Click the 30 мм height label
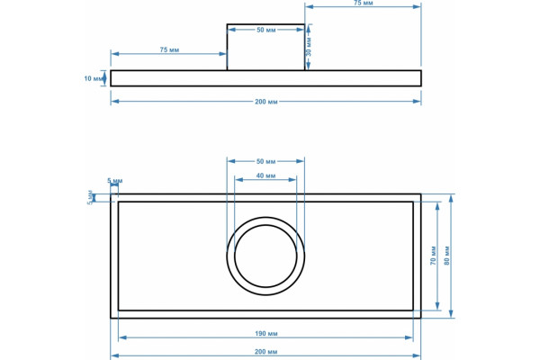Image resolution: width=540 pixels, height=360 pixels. coord(309,47)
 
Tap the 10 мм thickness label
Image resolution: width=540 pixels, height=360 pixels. coord(93,78)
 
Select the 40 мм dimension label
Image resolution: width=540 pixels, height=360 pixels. coord(265,175)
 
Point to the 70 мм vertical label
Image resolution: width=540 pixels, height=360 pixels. coord(433,256)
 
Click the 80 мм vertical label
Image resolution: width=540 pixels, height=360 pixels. coord(447,256)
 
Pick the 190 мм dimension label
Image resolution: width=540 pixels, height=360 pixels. coord(265,334)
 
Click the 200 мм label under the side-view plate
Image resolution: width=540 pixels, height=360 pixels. coord(265,102)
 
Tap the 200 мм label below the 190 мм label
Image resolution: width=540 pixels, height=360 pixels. coord(265,352)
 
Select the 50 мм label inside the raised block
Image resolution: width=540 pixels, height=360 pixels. coord(265,30)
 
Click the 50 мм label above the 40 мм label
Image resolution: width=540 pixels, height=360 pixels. coord(265,161)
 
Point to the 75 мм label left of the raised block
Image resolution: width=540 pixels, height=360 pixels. coord(169,50)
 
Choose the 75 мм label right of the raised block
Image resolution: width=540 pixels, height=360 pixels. coord(363,3)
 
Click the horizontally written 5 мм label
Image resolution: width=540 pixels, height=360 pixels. coord(114,181)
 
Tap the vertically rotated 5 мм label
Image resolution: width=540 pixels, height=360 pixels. coord(90,197)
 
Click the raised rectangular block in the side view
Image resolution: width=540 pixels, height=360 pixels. coord(265,47)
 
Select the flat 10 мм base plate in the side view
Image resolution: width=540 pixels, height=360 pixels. coord(265,78)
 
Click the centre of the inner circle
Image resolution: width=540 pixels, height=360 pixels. coord(265,256)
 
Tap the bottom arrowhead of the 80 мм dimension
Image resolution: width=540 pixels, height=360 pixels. coord(451,314)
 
